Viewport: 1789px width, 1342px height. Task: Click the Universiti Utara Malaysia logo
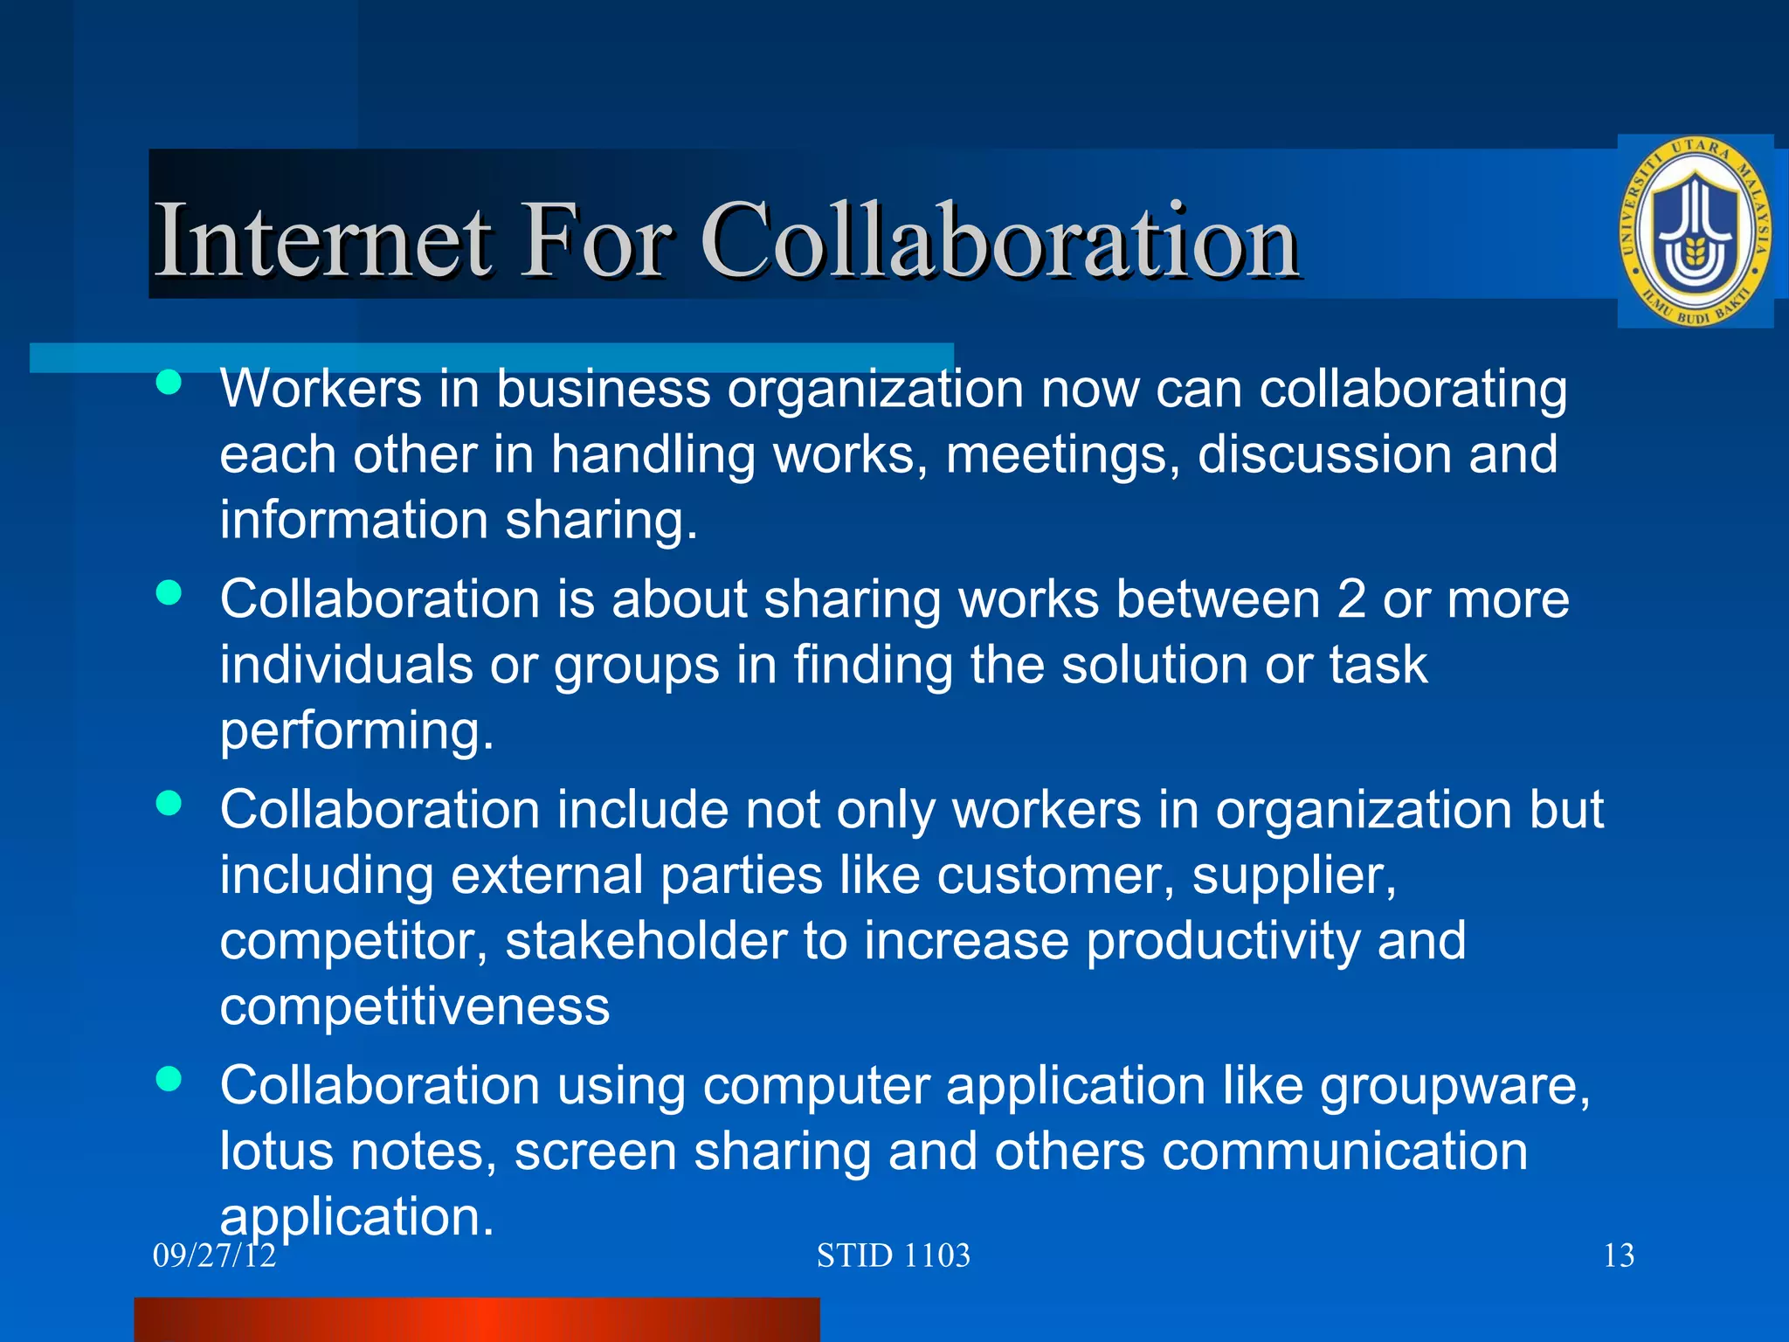click(1696, 232)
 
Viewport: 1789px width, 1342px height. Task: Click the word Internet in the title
click(322, 239)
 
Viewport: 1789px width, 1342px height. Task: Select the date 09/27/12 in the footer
click(214, 1256)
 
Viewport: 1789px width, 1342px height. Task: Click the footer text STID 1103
click(893, 1256)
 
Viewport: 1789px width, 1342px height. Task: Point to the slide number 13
click(1619, 1256)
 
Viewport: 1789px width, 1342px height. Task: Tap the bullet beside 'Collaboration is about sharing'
click(169, 593)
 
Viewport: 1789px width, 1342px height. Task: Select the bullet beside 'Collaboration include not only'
click(169, 803)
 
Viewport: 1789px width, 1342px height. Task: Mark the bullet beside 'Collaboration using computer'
click(169, 1079)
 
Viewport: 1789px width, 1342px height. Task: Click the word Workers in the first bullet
click(321, 389)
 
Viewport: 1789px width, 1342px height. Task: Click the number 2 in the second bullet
click(1350, 599)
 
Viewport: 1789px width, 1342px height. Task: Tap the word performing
click(356, 732)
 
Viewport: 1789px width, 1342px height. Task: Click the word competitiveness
click(414, 1006)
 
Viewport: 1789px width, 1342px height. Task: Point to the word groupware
click(1454, 1087)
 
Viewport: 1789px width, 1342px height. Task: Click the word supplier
click(1294, 876)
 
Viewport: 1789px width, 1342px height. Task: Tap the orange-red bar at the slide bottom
click(477, 1319)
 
